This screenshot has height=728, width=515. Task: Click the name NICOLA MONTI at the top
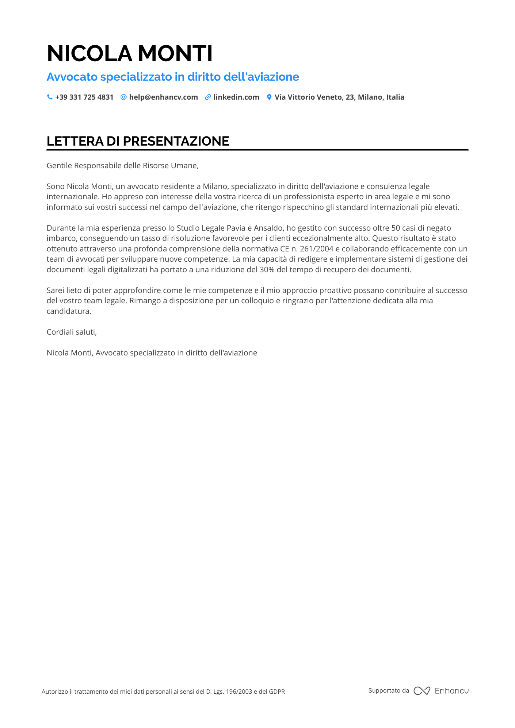130,54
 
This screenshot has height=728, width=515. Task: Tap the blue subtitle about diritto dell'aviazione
173,77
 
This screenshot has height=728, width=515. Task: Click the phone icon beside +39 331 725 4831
50,97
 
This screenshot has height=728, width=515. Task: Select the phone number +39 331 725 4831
84,97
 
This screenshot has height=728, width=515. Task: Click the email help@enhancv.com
163,97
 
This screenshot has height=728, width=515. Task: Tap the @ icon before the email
123,97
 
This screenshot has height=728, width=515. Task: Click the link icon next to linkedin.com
208,97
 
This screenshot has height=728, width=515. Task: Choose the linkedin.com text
236,97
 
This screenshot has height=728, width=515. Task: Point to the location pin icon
269,97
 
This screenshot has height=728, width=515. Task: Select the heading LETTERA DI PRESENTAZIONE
138,141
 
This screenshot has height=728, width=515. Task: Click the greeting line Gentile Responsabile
122,166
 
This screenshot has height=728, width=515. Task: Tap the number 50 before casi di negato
396,228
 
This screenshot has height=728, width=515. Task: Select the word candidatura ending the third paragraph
69,311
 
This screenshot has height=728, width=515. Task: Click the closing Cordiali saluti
72,332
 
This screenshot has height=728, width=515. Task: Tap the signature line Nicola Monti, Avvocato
152,353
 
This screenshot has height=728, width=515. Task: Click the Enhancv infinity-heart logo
422,691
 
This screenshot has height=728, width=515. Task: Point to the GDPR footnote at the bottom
163,692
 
